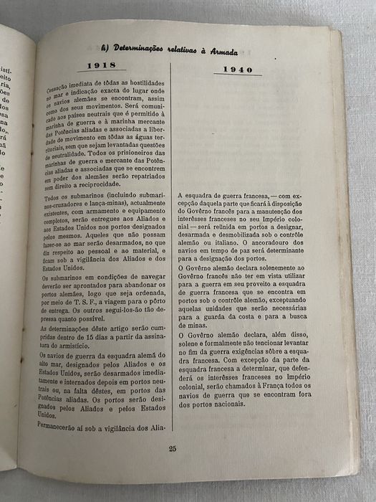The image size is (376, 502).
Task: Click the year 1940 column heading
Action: [248, 70]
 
